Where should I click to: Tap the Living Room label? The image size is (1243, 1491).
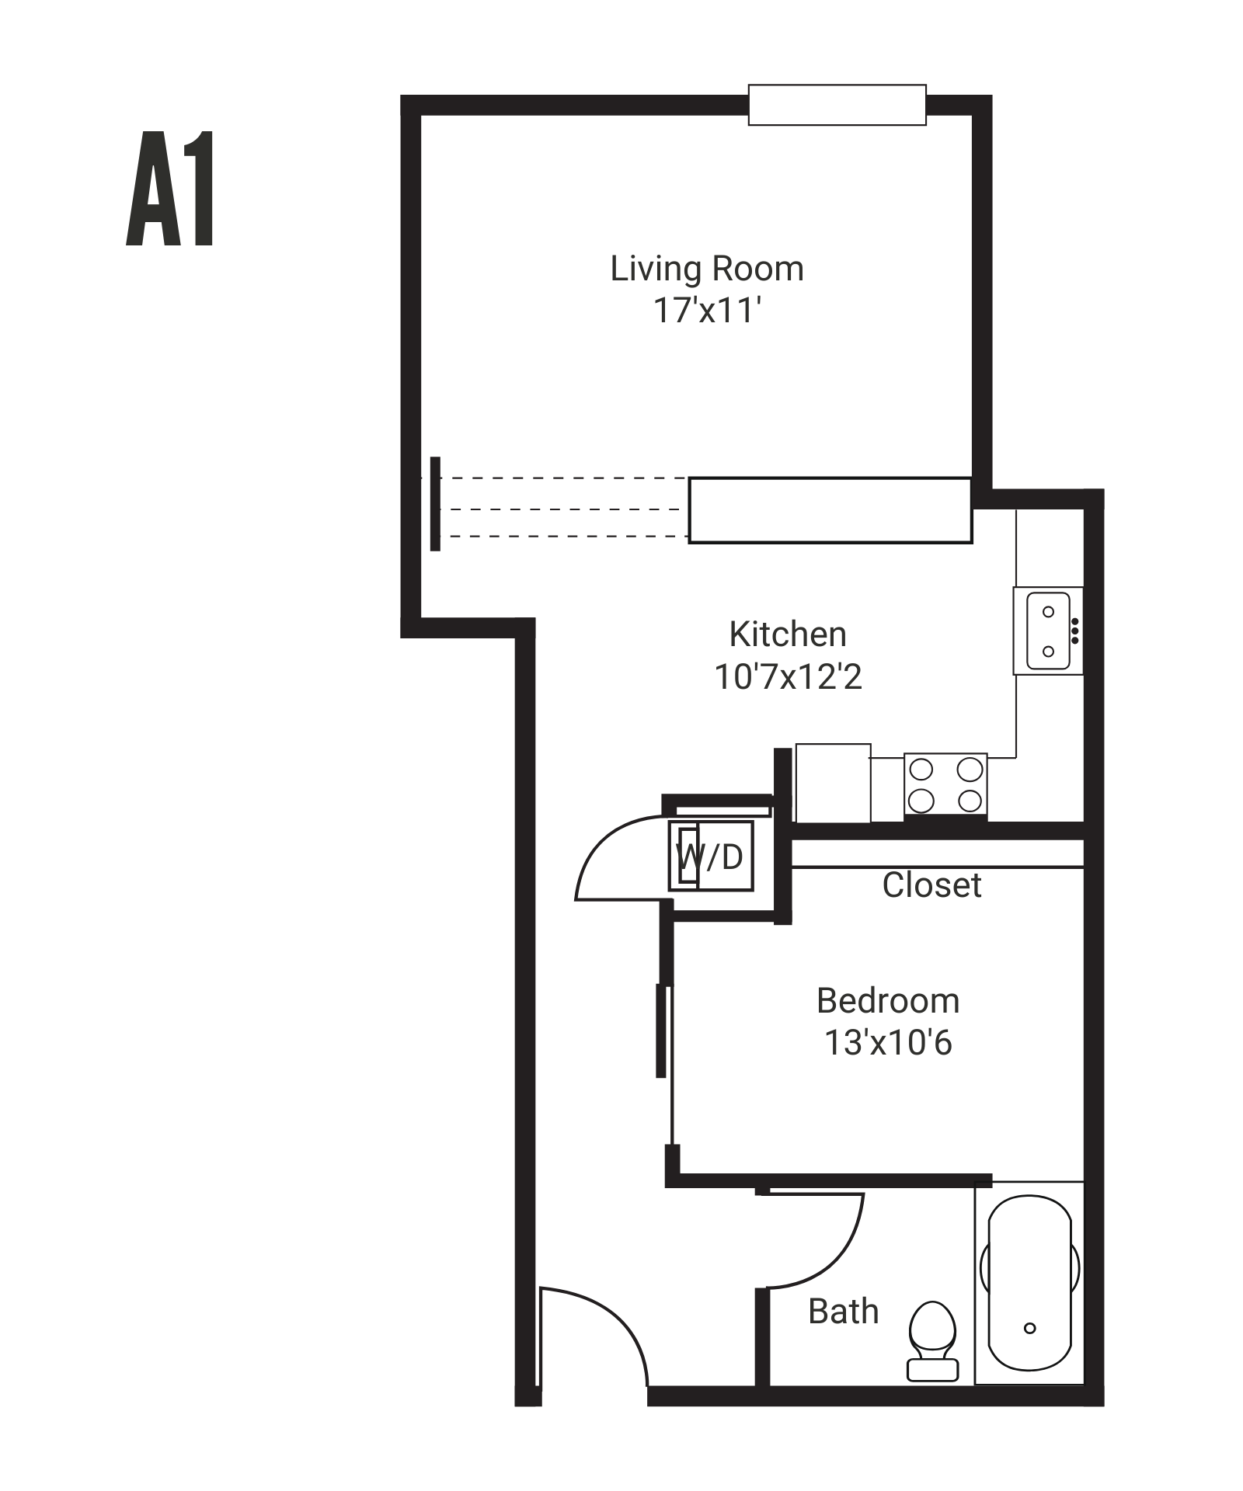[706, 269]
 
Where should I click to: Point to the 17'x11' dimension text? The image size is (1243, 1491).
[706, 310]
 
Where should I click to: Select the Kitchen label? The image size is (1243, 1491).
[787, 634]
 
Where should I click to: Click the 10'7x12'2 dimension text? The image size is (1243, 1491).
[788, 676]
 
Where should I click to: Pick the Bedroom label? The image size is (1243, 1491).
[887, 1001]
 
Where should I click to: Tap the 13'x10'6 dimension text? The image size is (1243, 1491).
[887, 1043]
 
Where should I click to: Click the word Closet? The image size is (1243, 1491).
[931, 885]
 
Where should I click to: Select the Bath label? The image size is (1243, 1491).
[843, 1312]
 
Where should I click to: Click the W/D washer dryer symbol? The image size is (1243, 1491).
[711, 856]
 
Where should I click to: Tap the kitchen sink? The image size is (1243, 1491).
[1048, 631]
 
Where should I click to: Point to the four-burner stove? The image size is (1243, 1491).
[945, 784]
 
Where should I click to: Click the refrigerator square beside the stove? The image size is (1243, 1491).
[832, 782]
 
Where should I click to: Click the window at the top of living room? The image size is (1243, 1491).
[837, 105]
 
